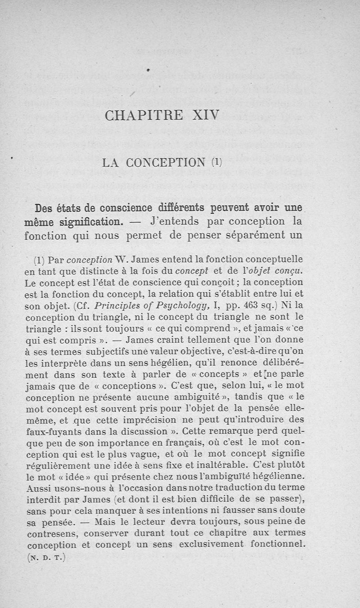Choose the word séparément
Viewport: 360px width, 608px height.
tap(258, 235)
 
